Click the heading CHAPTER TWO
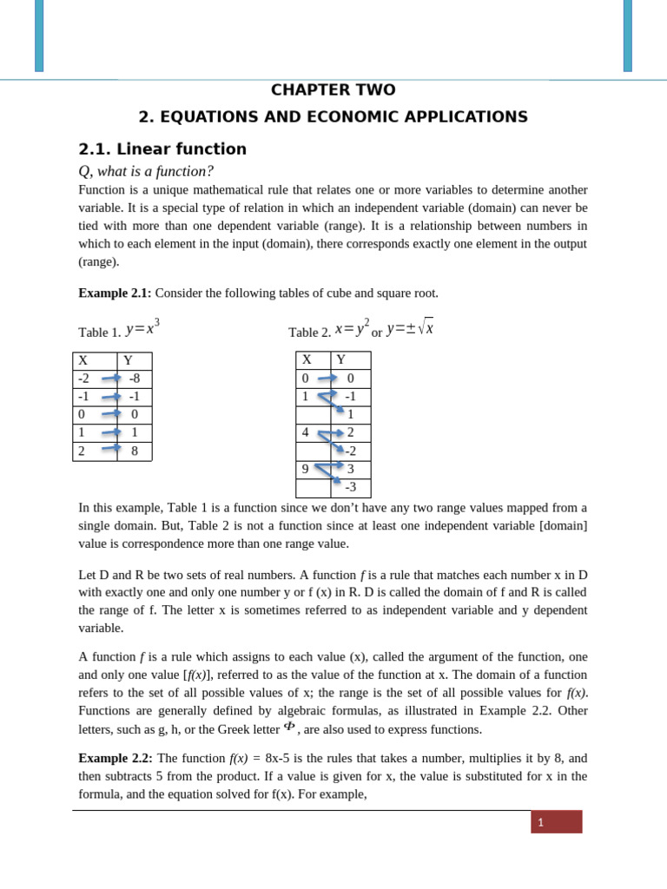tap(333, 90)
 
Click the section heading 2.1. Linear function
tap(162, 149)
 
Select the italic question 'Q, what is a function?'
tap(146, 171)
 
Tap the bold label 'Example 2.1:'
tap(115, 293)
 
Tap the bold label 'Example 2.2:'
tap(115, 758)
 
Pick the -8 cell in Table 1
tap(135, 379)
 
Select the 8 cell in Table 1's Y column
tap(135, 451)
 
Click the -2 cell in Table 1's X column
tap(84, 379)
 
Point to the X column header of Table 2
tap(307, 360)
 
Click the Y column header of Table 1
tap(128, 360)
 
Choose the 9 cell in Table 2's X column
tap(306, 469)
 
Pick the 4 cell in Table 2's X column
tap(306, 432)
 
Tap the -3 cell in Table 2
tap(350, 488)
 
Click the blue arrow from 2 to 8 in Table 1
tap(111, 449)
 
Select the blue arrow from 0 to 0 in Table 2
tap(327, 378)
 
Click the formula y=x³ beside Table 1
tap(142, 328)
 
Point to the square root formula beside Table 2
tap(410, 328)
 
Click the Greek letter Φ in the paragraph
tap(289, 727)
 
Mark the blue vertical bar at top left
tap(39, 36)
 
